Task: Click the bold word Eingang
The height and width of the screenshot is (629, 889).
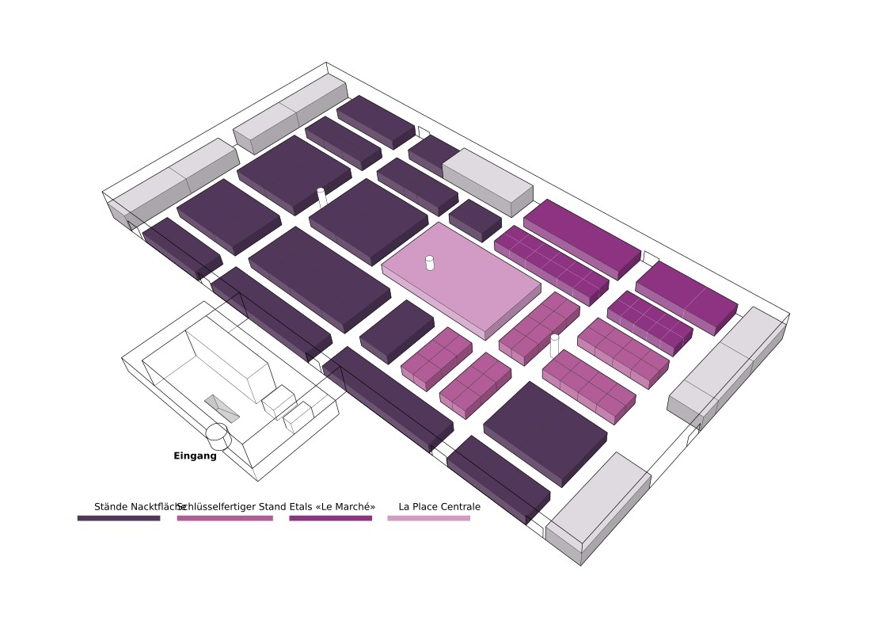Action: (195, 456)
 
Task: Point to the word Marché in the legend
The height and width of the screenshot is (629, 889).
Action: (353, 506)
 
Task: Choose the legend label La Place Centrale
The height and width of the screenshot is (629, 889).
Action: (439, 506)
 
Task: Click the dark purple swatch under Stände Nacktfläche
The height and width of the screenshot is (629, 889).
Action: (119, 518)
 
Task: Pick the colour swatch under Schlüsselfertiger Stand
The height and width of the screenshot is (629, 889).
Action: (225, 518)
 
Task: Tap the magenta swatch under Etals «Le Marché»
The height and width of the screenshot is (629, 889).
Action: (330, 518)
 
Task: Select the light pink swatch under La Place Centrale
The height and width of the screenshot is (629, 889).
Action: (428, 518)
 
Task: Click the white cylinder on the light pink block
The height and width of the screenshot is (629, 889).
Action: (430, 262)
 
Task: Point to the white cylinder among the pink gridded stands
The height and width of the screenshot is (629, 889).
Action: (554, 345)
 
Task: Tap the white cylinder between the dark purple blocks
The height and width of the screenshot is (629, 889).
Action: (321, 196)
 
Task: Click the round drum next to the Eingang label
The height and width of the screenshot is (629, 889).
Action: (218, 436)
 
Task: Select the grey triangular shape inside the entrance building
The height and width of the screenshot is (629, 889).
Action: (222, 407)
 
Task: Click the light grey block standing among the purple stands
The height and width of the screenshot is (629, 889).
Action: (488, 181)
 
